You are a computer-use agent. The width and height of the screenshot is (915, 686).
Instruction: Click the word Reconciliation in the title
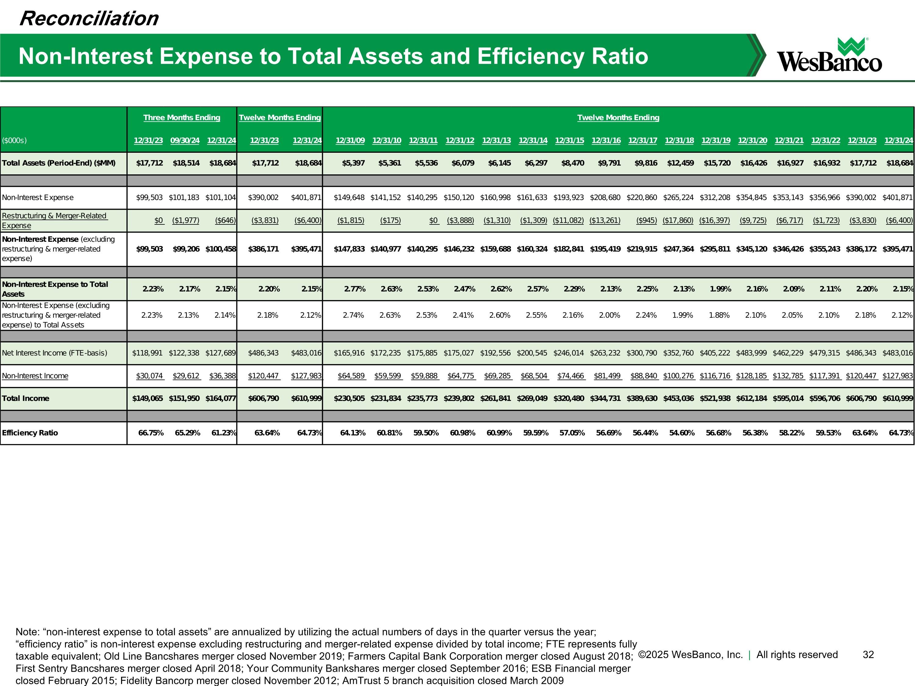tap(89, 19)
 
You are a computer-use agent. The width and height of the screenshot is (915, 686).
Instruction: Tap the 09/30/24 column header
tap(185, 141)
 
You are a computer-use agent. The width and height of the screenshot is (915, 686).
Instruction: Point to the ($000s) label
tap(14, 141)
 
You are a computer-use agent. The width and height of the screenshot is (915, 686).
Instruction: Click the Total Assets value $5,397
tap(353, 163)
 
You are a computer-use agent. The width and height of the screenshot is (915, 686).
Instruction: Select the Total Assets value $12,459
tap(680, 163)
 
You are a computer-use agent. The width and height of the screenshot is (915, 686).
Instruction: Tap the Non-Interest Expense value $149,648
tap(349, 198)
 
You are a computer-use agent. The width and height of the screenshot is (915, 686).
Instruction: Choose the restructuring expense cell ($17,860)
tap(678, 220)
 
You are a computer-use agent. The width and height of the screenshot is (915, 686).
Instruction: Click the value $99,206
tap(186, 249)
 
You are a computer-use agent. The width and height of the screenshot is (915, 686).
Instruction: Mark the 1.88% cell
tap(719, 315)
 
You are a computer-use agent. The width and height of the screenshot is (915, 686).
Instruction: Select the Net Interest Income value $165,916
tap(349, 353)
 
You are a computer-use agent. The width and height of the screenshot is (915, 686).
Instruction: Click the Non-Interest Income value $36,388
tap(223, 376)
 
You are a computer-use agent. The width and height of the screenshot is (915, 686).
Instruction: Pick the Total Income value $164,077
tap(221, 398)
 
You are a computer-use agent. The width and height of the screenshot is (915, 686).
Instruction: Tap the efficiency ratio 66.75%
tap(151, 433)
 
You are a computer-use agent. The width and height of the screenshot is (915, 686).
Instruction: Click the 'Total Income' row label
tap(26, 398)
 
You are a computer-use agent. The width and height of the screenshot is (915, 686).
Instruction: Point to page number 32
tap(868, 655)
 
